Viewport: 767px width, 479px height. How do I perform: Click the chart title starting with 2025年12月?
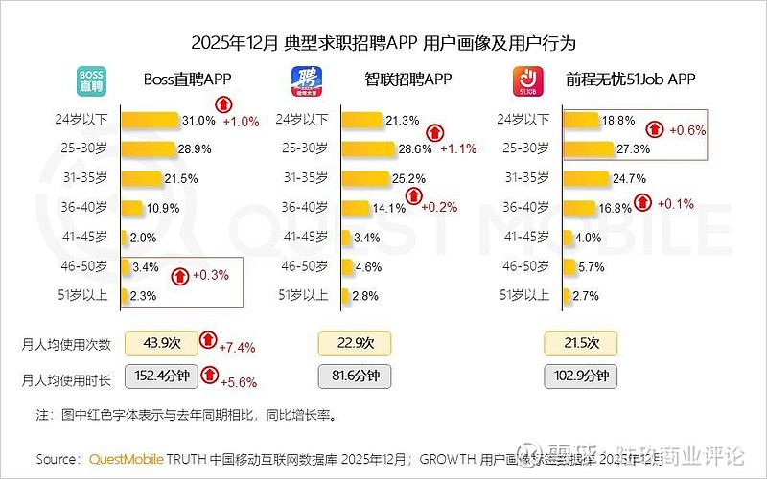(x=383, y=43)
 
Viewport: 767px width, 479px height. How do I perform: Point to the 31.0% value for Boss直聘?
(x=198, y=120)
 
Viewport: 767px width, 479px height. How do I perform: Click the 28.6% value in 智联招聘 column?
(x=415, y=149)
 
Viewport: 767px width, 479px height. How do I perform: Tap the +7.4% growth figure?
(x=239, y=346)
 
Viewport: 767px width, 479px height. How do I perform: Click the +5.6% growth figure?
(x=239, y=382)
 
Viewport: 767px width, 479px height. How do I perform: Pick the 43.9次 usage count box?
(x=162, y=342)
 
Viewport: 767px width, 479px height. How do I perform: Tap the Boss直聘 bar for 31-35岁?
(x=142, y=178)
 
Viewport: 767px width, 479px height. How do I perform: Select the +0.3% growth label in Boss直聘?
(x=209, y=275)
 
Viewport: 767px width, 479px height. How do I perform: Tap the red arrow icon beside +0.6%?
(x=657, y=128)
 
